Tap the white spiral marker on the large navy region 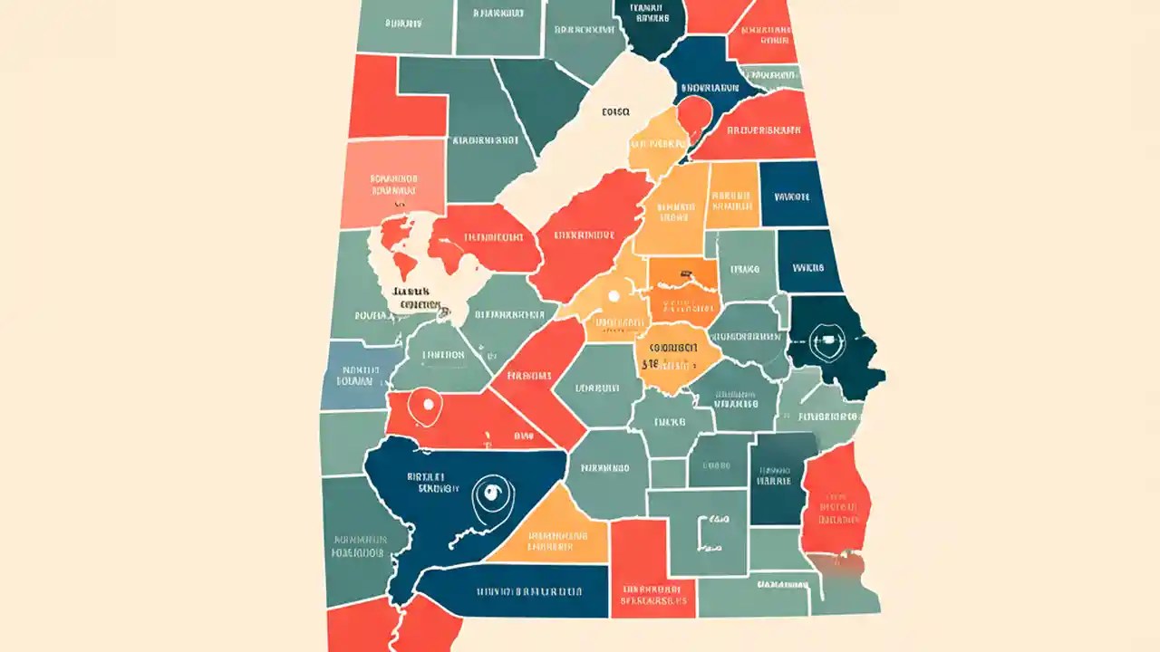[x=491, y=494]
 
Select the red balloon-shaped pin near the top [x=694, y=115]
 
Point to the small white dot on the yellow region [x=614, y=295]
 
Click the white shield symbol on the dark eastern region [x=824, y=342]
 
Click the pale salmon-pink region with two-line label [x=392, y=185]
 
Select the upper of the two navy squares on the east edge [x=793, y=194]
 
